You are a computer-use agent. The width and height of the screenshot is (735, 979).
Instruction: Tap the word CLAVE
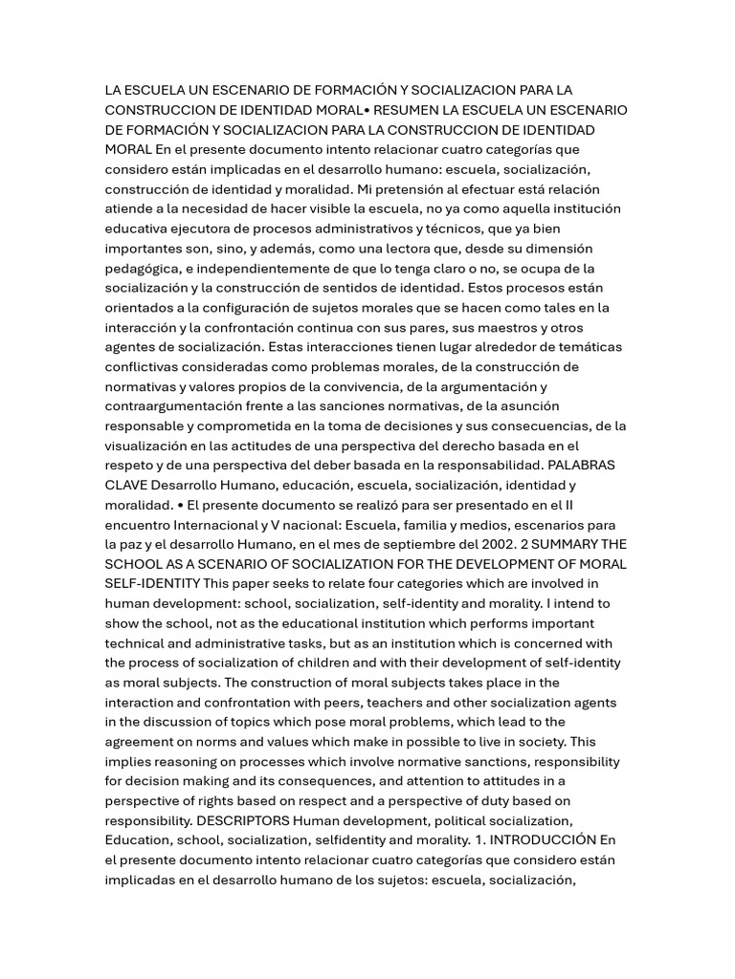click(125, 485)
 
